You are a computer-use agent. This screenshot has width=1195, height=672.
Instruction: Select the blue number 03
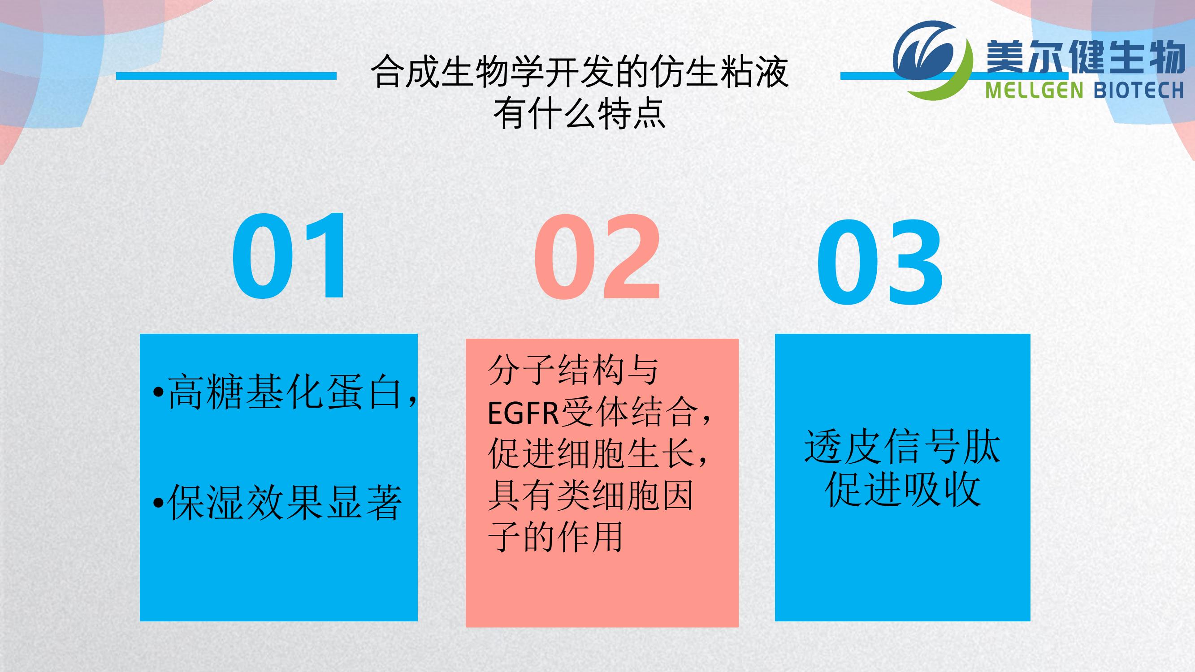pyautogui.click(x=879, y=263)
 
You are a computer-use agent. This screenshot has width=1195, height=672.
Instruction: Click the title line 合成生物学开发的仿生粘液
pyautogui.click(x=580, y=72)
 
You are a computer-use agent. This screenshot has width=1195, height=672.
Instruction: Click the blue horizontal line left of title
pyautogui.click(x=226, y=76)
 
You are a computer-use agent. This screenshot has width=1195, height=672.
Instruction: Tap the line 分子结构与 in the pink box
pyautogui.click(x=573, y=370)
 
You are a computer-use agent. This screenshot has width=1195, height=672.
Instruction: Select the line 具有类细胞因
pyautogui.click(x=590, y=495)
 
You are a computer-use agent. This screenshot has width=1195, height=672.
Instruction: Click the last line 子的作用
pyautogui.click(x=555, y=537)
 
